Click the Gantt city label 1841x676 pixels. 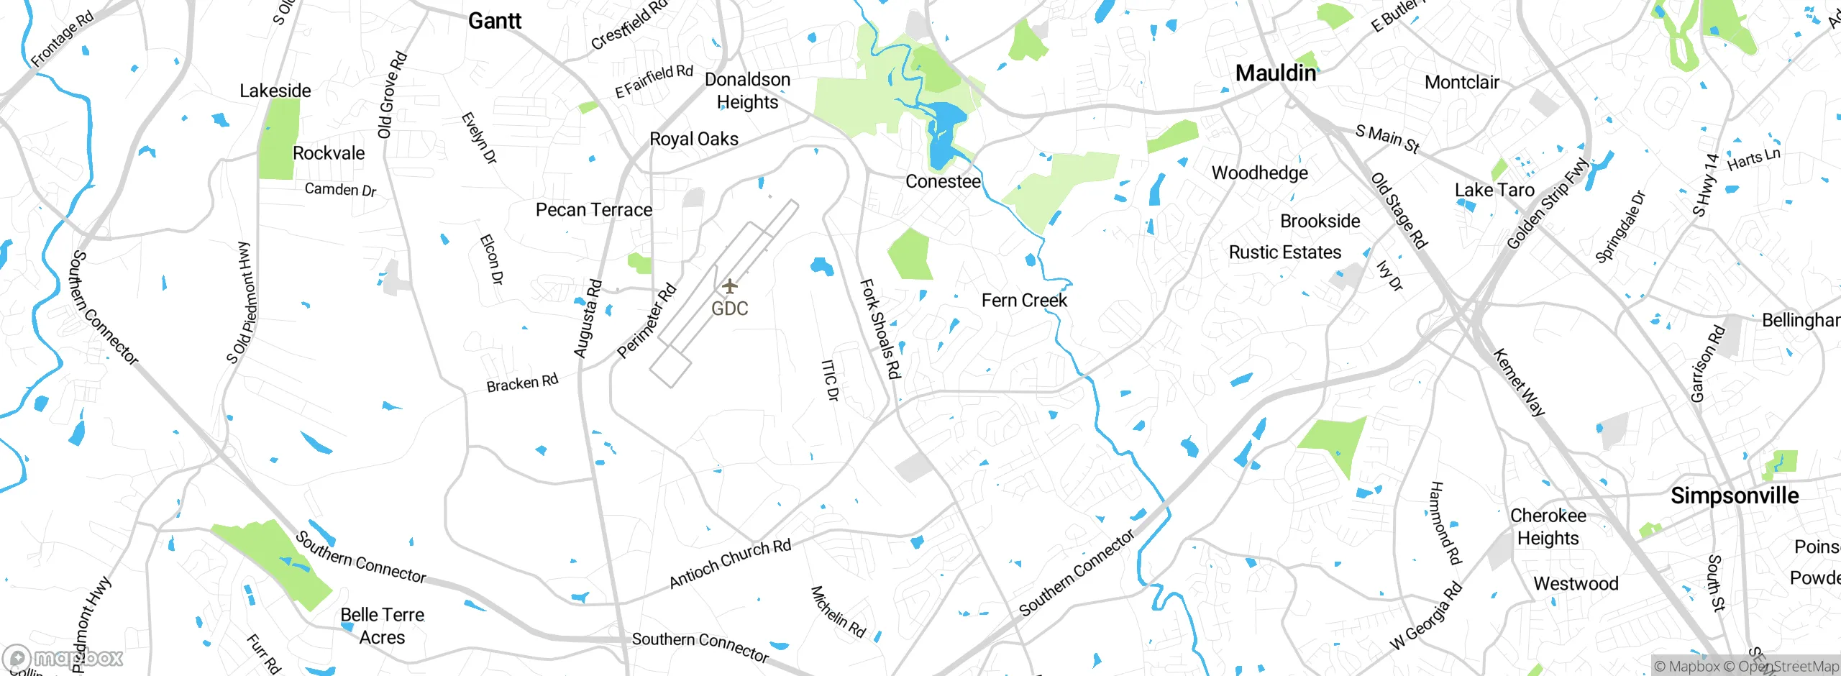tap(495, 21)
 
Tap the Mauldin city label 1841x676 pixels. tap(1275, 73)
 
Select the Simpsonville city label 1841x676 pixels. tap(1734, 495)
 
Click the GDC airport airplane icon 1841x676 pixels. tap(730, 286)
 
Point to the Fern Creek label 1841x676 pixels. tap(1024, 300)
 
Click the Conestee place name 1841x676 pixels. tap(943, 181)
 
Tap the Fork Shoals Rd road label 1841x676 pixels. tap(880, 329)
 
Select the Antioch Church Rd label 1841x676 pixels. tap(730, 563)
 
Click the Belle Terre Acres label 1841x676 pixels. tap(382, 626)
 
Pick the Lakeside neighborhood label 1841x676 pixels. tap(275, 91)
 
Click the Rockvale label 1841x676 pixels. tap(329, 153)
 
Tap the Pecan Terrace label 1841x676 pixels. tap(594, 210)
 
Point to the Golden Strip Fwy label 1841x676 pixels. tap(1546, 204)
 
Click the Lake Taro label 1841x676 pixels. tap(1494, 190)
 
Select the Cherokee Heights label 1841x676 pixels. tap(1548, 526)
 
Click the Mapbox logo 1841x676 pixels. tap(63, 657)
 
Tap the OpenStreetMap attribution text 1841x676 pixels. tap(1788, 666)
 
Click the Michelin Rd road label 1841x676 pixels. tap(838, 611)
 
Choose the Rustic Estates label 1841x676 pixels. tap(1284, 252)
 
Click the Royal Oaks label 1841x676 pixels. tap(694, 139)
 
